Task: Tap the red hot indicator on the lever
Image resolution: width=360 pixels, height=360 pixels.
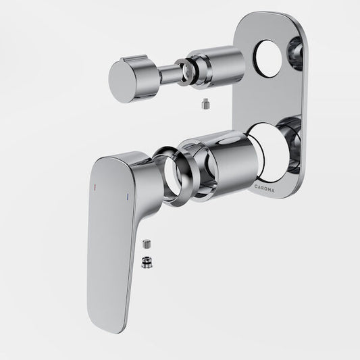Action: (95, 187)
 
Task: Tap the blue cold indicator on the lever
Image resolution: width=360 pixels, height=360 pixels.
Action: (127, 197)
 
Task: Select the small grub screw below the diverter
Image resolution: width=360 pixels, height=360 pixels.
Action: (206, 104)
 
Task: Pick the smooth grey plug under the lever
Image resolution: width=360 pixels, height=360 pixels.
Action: (146, 244)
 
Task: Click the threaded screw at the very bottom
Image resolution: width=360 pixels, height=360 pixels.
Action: (147, 262)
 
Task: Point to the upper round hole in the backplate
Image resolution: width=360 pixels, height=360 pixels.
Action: (267, 58)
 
